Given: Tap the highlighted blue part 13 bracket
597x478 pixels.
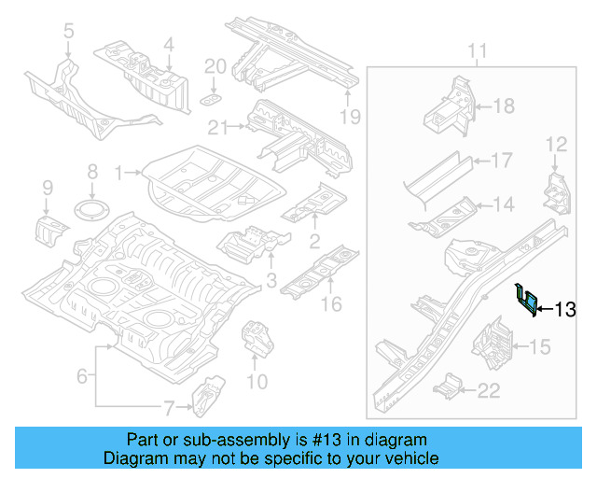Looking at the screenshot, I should point(527,300).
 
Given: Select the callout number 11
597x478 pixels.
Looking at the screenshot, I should point(477,50).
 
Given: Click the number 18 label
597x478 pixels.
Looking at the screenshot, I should point(503,106).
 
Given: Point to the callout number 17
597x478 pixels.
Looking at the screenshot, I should point(501,161).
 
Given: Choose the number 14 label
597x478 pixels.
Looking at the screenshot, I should point(503,204).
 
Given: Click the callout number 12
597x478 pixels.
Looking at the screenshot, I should point(556,144).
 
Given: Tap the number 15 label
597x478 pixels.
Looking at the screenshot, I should point(540,347).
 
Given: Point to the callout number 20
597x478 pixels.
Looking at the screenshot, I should point(215,65).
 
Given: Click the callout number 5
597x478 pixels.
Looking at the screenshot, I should point(68,33).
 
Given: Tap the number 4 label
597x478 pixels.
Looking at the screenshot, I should point(168,43).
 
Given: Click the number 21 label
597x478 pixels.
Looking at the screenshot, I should point(218,127).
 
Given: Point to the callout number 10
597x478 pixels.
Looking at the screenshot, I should point(257,381).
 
